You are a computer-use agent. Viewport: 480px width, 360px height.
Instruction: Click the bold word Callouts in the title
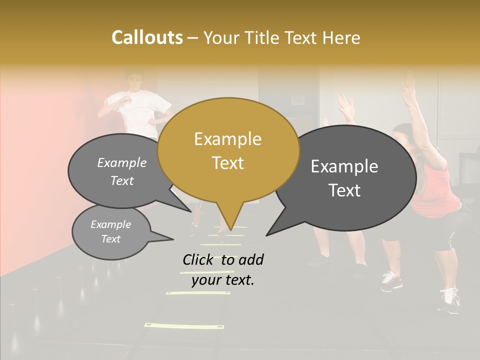[147, 37]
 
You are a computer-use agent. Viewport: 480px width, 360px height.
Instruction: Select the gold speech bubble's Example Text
[227, 151]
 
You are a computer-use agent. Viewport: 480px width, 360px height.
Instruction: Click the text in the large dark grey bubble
[344, 178]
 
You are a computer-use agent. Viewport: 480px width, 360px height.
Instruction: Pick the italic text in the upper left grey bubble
[122, 171]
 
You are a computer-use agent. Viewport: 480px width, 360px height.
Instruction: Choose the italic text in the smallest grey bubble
[110, 231]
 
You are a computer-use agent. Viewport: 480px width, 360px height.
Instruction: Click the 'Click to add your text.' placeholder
[222, 269]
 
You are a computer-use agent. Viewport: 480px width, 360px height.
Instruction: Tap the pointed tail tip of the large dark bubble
[267, 234]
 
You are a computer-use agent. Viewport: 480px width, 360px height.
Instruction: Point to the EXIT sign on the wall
[298, 100]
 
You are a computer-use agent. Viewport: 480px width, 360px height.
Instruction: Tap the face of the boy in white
[133, 81]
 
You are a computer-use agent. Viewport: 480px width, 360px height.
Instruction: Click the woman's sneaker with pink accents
[391, 280]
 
